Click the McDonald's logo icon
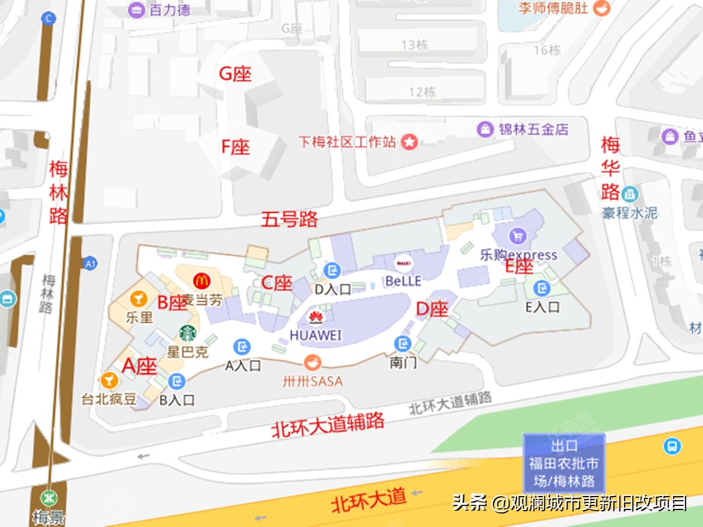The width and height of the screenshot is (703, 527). (x=202, y=280)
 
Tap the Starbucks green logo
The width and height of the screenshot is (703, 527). (x=187, y=333)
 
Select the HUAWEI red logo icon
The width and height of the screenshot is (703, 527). (x=316, y=318)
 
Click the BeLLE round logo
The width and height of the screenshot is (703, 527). (x=403, y=263)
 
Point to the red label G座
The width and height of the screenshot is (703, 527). (x=235, y=74)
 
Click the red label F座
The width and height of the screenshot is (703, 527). (x=235, y=146)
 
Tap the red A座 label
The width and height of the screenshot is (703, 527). (x=139, y=366)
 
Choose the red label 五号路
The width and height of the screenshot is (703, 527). (x=289, y=219)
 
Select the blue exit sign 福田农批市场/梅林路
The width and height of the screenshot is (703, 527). (x=564, y=463)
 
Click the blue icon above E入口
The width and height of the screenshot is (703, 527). (x=542, y=288)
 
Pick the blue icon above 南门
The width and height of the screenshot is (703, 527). (x=402, y=343)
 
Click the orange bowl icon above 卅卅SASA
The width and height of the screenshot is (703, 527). (x=311, y=362)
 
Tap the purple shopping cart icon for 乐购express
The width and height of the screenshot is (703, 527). (x=517, y=236)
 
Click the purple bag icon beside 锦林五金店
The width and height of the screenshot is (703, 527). (x=485, y=129)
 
